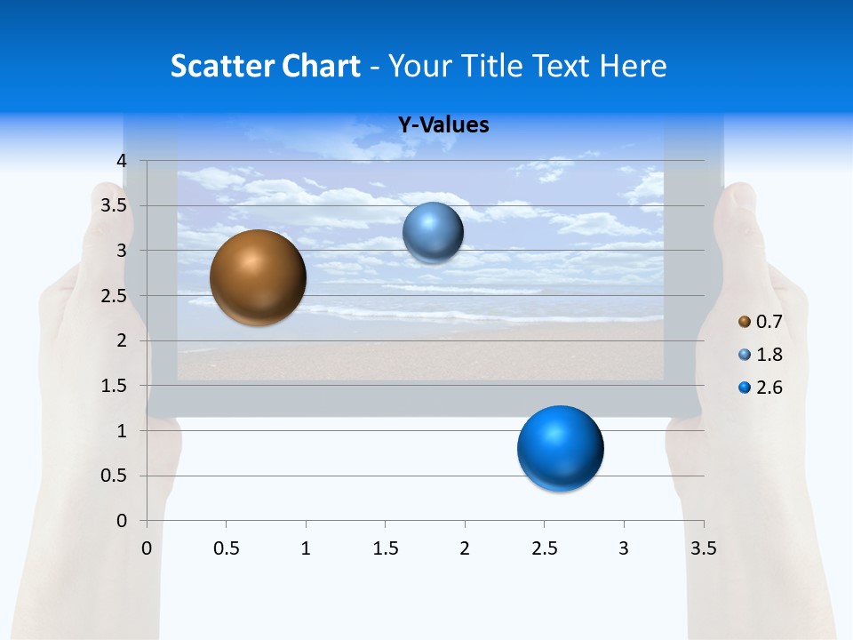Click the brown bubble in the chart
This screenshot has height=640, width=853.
click(x=258, y=277)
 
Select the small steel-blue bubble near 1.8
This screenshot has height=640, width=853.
click(x=433, y=233)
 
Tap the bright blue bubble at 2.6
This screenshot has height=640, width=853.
click(x=560, y=448)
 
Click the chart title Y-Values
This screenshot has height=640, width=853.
click(x=442, y=125)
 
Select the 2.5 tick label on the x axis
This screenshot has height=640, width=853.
click(x=544, y=548)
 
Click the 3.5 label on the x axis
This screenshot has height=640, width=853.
click(x=703, y=548)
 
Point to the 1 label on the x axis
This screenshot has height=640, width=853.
click(x=306, y=548)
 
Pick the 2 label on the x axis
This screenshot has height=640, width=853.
click(x=465, y=548)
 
